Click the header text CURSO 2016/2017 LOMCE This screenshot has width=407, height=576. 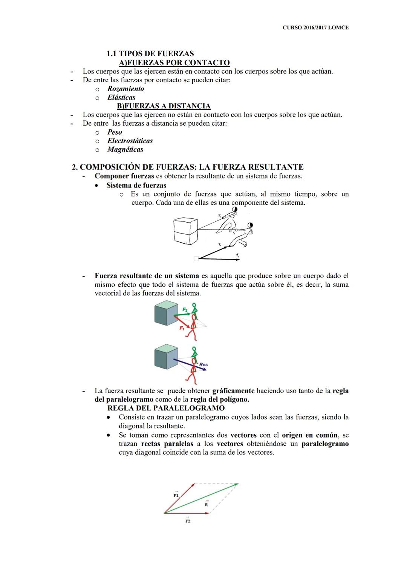(x=315, y=28)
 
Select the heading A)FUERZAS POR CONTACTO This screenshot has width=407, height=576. (x=174, y=63)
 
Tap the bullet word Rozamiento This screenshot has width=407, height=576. (x=125, y=89)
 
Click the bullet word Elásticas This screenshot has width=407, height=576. (x=121, y=97)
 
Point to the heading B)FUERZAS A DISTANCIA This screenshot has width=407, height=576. (x=164, y=106)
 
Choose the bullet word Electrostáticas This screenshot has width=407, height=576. (x=130, y=141)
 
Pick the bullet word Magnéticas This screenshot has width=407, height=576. (x=125, y=149)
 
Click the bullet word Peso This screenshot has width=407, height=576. (x=115, y=132)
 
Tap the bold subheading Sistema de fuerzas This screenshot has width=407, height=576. (x=136, y=185)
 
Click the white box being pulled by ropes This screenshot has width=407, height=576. (x=185, y=232)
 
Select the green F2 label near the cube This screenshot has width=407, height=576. (x=185, y=309)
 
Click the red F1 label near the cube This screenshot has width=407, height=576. (x=182, y=328)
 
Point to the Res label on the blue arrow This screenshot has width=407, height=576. (x=203, y=364)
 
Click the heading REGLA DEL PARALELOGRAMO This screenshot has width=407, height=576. (x=166, y=408)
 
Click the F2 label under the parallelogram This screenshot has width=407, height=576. (x=188, y=521)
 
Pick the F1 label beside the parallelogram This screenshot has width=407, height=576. (x=176, y=495)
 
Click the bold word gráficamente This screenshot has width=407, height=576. (x=233, y=391)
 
